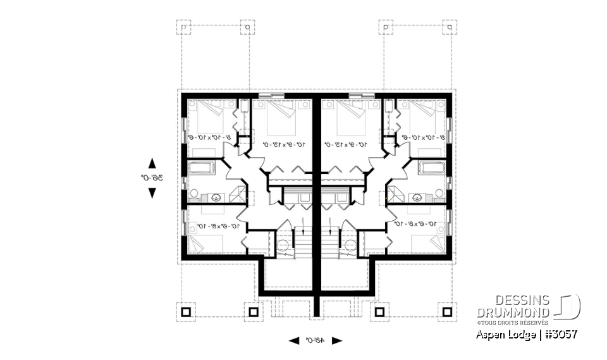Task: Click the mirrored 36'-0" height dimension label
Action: pos(152,178)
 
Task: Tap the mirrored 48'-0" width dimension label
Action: pos(316,340)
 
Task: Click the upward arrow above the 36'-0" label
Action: pos(152,163)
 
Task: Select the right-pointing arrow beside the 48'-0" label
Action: pos(337,340)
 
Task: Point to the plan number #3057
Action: pos(559,333)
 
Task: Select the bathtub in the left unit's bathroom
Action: pos(202,169)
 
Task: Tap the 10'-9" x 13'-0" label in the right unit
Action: pos(352,145)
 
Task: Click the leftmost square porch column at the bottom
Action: pos(185,312)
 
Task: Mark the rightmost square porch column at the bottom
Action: pos(448,312)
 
